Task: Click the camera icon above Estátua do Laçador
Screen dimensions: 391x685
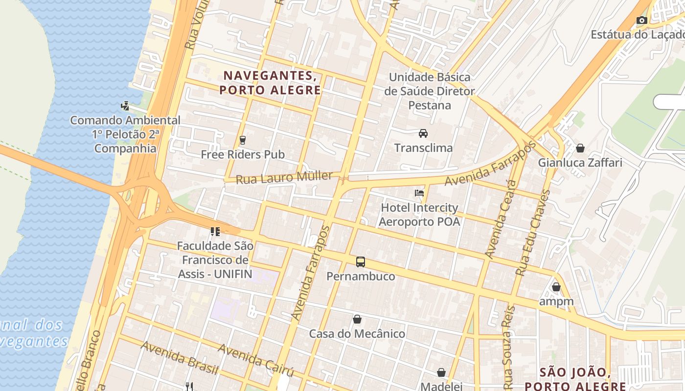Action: click(641, 20)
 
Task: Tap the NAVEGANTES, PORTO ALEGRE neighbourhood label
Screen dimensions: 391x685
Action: click(270, 83)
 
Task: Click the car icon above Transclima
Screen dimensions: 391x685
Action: click(423, 133)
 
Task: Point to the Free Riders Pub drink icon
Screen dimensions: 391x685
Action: click(242, 140)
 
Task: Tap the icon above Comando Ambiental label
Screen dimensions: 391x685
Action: click(125, 106)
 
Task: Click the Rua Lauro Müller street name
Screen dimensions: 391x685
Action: click(284, 177)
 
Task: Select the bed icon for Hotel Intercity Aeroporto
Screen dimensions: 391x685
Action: click(419, 193)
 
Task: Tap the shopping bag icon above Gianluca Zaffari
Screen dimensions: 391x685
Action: click(580, 148)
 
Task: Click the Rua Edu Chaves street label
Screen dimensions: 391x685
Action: click(533, 233)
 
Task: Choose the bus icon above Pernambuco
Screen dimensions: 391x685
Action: click(361, 261)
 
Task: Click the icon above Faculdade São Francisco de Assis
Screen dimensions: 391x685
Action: click(215, 231)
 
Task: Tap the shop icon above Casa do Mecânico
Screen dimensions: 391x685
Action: click(357, 319)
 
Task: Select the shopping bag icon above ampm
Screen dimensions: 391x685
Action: click(556, 287)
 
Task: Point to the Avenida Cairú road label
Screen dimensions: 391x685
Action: click(255, 360)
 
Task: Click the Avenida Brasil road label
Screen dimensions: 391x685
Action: click(179, 358)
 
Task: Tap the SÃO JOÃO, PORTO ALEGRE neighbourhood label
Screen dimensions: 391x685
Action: click(575, 379)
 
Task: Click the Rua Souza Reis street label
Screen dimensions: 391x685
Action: click(509, 345)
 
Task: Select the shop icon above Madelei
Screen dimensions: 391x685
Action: click(441, 372)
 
